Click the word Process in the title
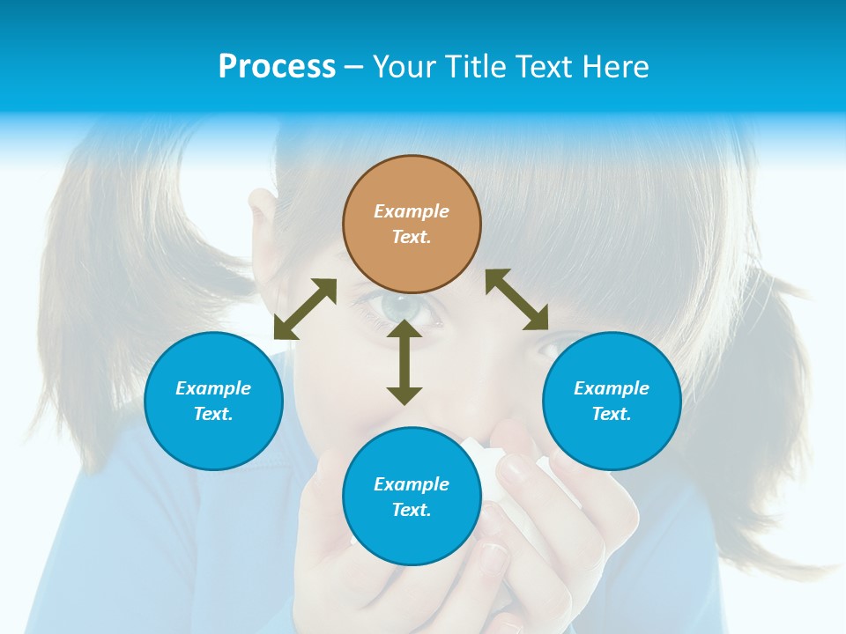click(x=277, y=66)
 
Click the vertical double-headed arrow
click(x=404, y=362)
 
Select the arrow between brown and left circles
click(x=305, y=309)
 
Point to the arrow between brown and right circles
click(x=517, y=300)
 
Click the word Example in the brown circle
click(x=412, y=211)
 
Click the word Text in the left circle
click(x=213, y=414)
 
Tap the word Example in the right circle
click(x=612, y=388)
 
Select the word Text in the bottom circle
click(x=411, y=510)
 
